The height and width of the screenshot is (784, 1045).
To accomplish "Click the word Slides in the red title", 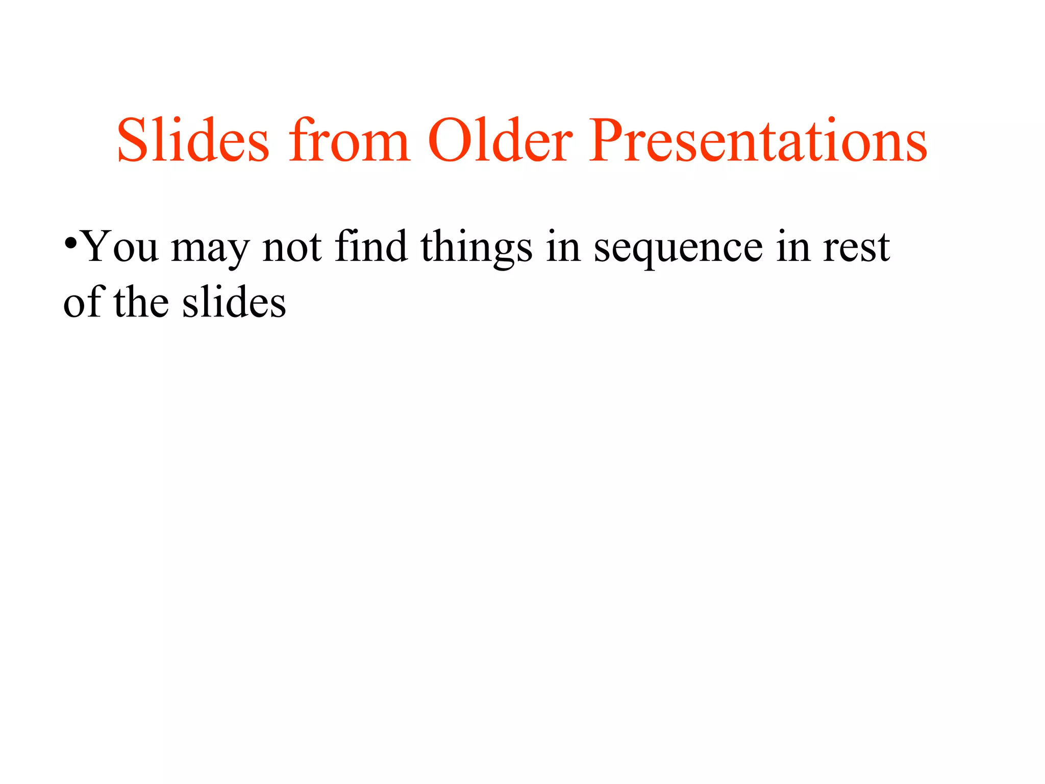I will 193,140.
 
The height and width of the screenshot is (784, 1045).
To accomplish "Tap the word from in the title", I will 349,140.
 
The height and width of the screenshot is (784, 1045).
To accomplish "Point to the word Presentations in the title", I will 757,140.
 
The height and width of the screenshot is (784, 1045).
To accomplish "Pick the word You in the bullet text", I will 120,247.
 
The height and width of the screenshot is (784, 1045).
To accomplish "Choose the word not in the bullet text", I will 292,247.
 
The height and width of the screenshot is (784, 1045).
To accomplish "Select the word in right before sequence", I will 563,247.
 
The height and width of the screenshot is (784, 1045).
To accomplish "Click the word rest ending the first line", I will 857,248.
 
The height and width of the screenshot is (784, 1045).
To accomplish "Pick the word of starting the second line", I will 84,302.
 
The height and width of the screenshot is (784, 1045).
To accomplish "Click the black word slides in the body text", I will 234,302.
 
